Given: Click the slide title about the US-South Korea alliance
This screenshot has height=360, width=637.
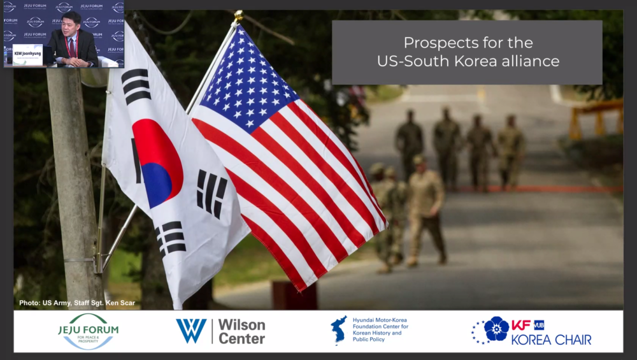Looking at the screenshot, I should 468,52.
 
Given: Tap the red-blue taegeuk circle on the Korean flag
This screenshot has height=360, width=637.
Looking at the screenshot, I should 157,164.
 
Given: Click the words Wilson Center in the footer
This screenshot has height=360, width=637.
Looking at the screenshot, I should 241,331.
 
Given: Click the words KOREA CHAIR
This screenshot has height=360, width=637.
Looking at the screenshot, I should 551,340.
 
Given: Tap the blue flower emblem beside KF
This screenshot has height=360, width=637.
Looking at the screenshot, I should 496,329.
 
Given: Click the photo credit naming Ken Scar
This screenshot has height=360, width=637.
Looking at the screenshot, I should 77,303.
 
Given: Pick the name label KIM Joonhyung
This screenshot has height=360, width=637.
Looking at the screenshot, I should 27,54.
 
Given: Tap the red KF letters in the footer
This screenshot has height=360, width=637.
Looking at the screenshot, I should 520,325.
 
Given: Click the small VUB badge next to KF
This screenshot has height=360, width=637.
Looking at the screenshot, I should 538,325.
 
